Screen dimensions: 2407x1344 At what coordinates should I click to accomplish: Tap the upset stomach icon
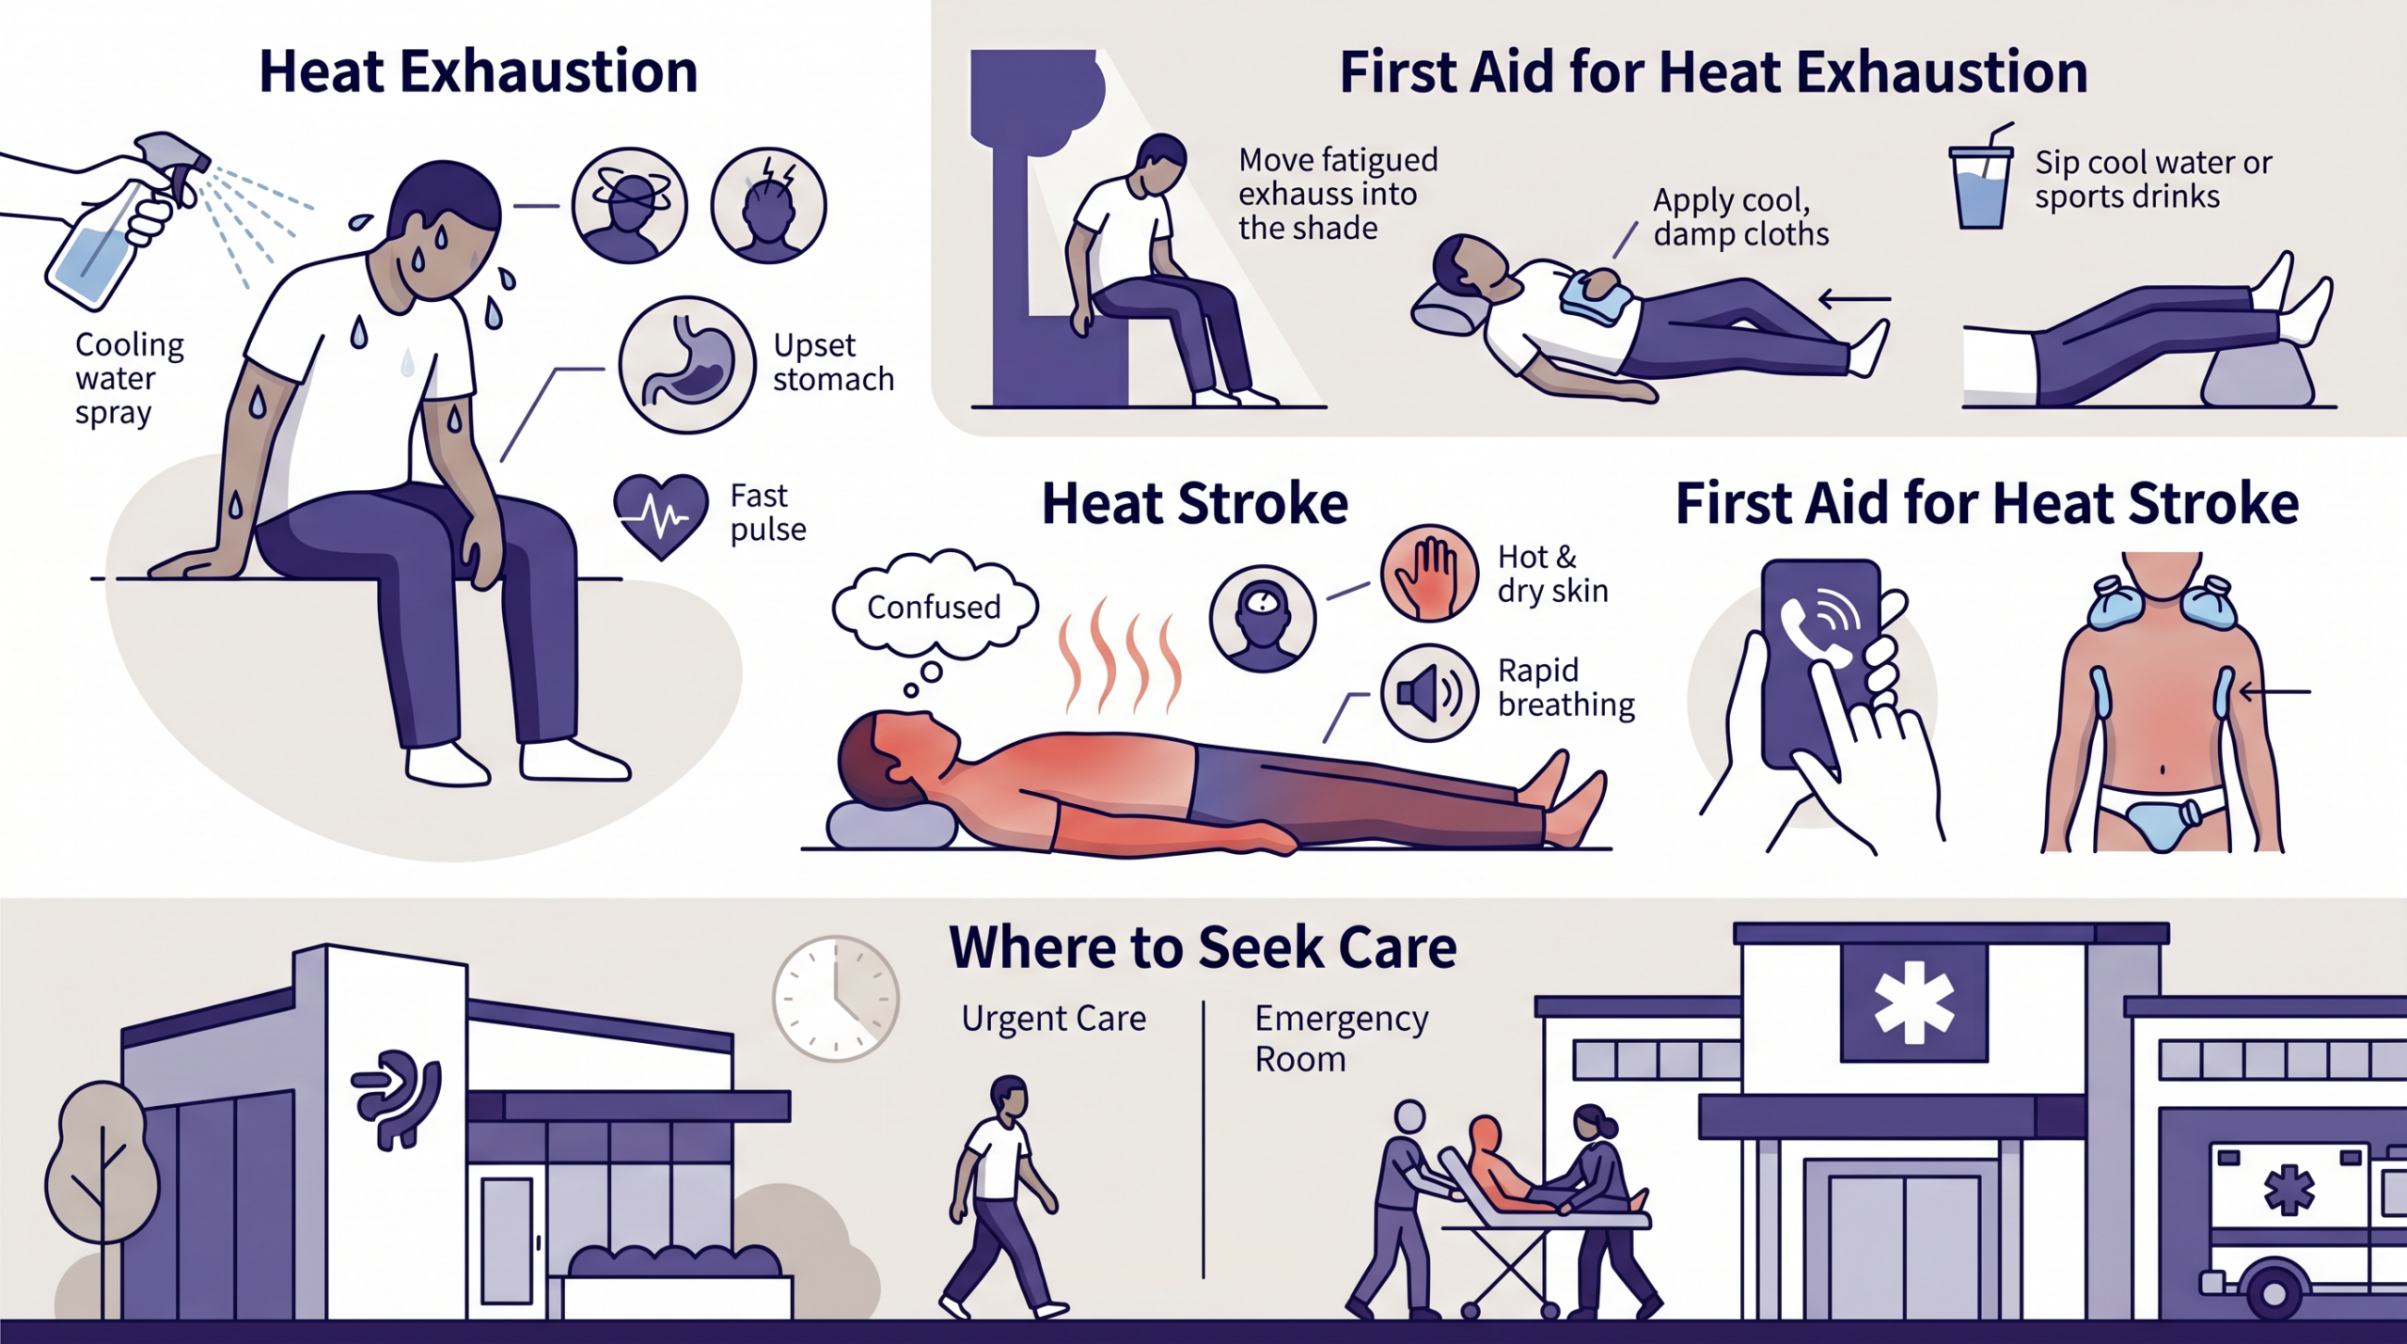[686, 365]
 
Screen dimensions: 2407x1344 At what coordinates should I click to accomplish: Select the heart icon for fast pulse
[660, 515]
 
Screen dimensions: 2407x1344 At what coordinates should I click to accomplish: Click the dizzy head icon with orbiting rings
[629, 205]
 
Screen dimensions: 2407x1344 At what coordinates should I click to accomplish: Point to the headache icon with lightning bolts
[768, 205]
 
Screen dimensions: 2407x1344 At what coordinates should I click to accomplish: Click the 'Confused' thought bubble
[935, 606]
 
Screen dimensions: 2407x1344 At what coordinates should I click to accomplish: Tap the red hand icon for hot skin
[1429, 573]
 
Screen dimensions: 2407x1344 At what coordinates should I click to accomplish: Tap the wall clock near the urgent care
[836, 999]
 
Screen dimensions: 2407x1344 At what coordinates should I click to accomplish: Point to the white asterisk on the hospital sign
[1914, 1003]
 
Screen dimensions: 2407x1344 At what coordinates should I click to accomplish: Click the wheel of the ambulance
[2273, 1294]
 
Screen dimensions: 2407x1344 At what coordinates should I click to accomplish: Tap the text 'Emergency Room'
[1342, 1038]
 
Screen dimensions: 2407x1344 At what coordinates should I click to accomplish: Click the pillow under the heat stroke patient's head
[890, 826]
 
